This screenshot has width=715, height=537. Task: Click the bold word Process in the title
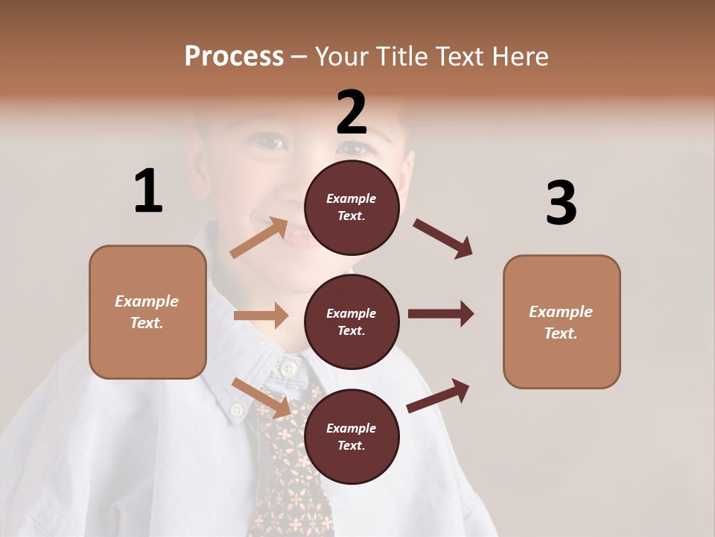coord(234,56)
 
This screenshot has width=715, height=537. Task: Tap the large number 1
coord(148,191)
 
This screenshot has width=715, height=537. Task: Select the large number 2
coord(352,113)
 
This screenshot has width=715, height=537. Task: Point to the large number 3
coord(561,203)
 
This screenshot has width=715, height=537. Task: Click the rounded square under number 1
coord(147,312)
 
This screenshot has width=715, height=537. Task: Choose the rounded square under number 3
coord(562,322)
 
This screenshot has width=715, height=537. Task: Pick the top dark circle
coord(352,207)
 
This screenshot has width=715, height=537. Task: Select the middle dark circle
coord(352,322)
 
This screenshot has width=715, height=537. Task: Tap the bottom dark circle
coord(352,437)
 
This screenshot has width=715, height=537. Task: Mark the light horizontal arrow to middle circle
coord(261,315)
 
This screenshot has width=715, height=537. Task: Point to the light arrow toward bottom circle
coord(261,398)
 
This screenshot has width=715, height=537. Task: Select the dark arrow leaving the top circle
coord(443,239)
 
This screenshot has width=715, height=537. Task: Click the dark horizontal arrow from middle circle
coord(441,314)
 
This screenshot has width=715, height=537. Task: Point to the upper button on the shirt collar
coord(287,368)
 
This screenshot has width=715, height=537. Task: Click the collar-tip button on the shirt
coord(236,409)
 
